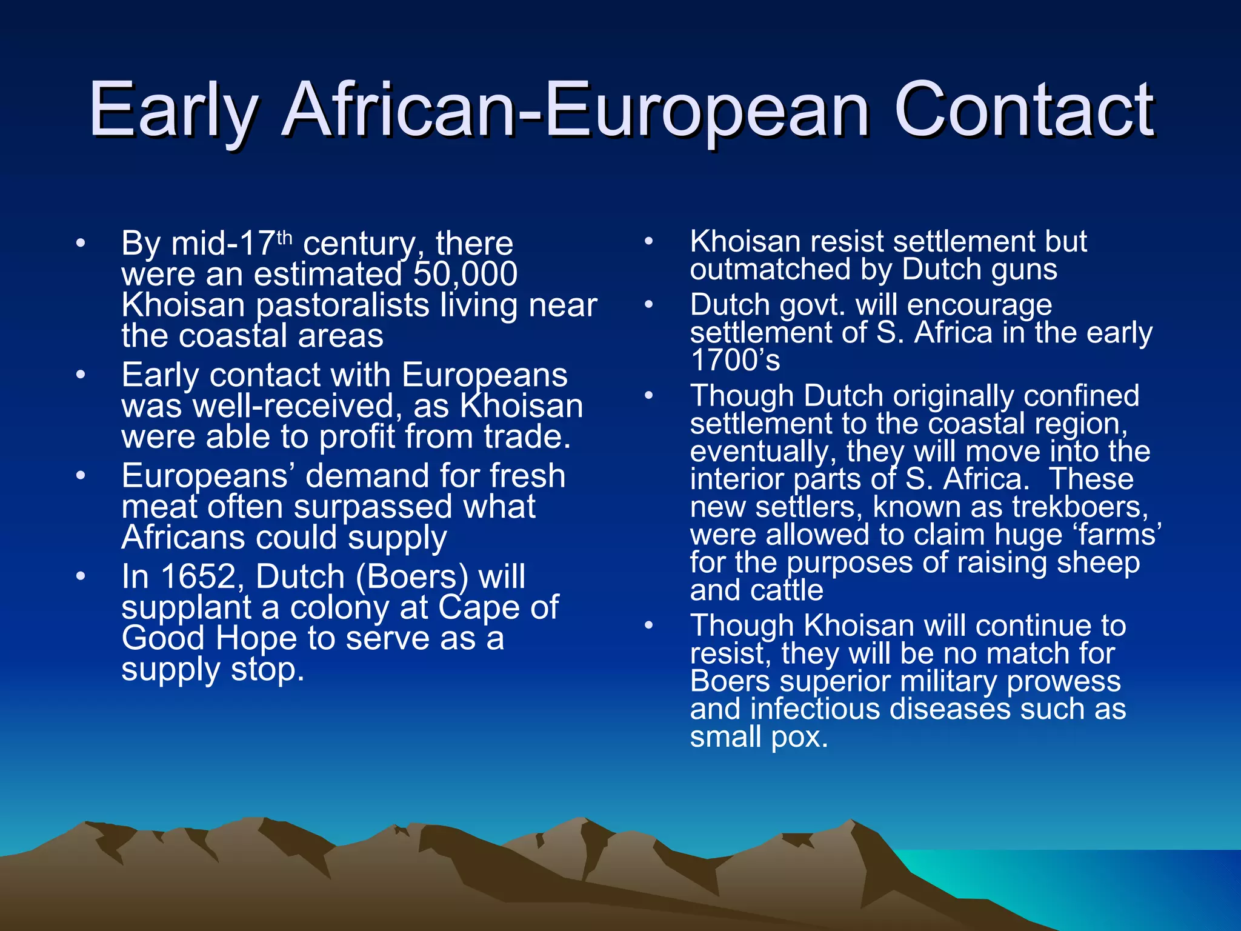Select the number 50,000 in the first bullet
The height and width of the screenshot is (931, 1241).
tap(465, 274)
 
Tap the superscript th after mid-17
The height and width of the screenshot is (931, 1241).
tap(285, 237)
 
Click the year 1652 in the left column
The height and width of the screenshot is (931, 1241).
tap(198, 576)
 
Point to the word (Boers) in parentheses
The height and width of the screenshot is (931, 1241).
tap(412, 577)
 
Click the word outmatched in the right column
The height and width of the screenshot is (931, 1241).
tap(770, 269)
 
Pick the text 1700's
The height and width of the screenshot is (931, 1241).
tap(735, 360)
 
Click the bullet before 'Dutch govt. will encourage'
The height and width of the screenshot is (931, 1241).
tap(648, 304)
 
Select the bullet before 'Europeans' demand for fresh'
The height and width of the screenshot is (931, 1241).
tap(81, 476)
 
